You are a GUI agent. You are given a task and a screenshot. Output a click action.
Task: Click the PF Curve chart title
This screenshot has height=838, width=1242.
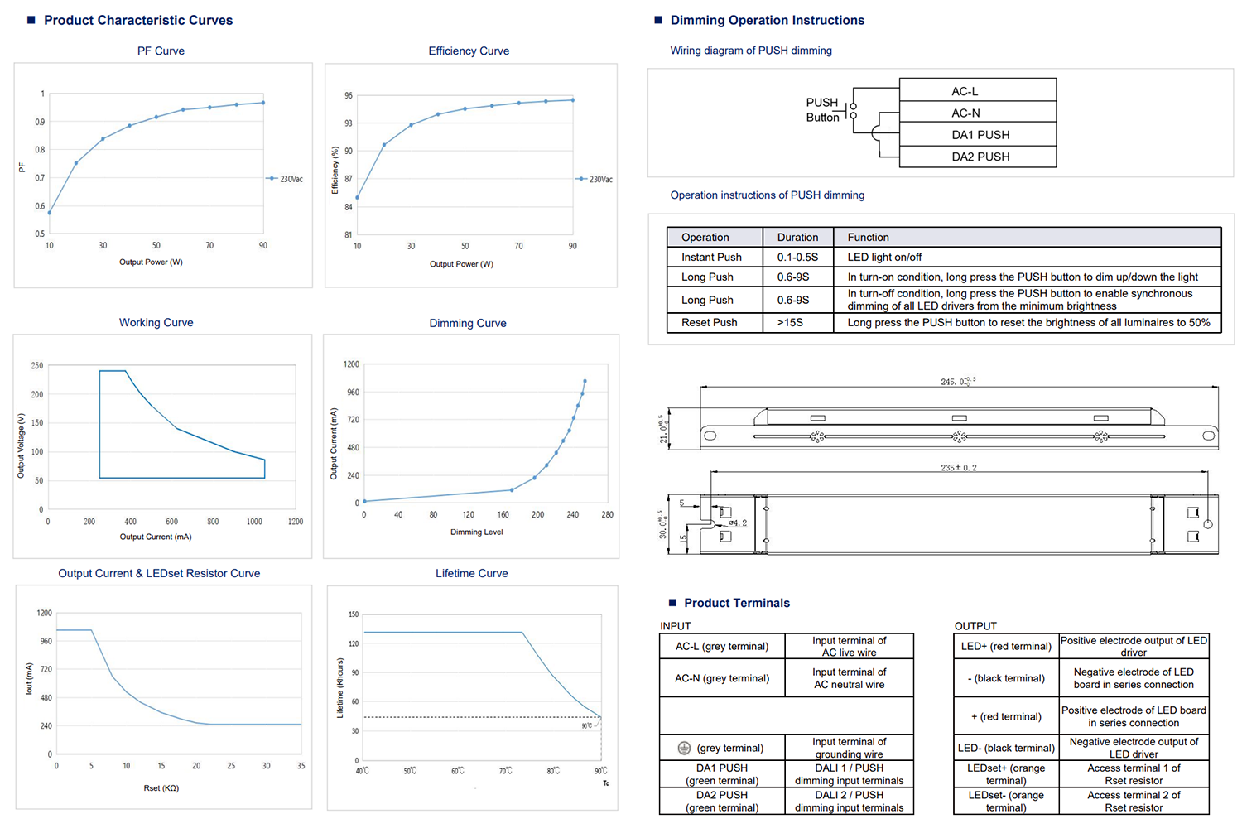point(161,51)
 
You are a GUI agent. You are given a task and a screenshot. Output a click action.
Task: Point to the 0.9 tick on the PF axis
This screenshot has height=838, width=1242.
point(40,122)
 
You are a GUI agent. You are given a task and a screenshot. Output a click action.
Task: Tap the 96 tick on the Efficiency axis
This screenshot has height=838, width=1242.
point(349,96)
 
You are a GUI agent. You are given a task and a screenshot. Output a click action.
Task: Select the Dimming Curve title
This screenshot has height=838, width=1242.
point(468,323)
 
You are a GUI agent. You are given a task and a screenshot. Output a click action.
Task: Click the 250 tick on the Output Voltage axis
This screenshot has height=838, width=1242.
point(37,365)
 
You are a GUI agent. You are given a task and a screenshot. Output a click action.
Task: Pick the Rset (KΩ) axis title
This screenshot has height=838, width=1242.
point(161,788)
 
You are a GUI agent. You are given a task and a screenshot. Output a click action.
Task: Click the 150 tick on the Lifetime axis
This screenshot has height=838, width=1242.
point(354,614)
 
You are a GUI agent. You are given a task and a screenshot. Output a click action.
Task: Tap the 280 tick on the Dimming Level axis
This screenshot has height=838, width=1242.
point(607,515)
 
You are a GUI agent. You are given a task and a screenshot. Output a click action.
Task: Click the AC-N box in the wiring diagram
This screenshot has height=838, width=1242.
point(965,113)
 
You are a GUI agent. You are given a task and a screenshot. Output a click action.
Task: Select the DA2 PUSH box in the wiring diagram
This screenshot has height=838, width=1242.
point(980,157)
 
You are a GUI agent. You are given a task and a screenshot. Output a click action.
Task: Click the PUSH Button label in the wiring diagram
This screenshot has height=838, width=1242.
point(822,109)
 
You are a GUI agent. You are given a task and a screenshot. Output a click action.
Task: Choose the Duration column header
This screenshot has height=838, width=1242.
point(797,237)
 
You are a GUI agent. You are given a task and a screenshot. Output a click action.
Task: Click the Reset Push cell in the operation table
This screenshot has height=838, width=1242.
point(710,322)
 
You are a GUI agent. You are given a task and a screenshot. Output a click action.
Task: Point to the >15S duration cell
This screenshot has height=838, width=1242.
point(790,322)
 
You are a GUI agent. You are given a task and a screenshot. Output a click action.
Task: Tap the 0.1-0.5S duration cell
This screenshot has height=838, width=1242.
point(797,257)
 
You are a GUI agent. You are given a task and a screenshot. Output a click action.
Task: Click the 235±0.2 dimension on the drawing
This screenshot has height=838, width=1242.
point(958,468)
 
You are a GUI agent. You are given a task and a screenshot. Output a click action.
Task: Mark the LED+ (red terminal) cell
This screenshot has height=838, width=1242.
point(1006,646)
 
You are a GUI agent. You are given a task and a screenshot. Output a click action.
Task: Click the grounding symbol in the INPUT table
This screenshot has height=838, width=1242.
point(684,748)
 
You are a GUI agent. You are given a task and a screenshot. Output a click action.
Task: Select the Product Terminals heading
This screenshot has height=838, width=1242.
point(737,603)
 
